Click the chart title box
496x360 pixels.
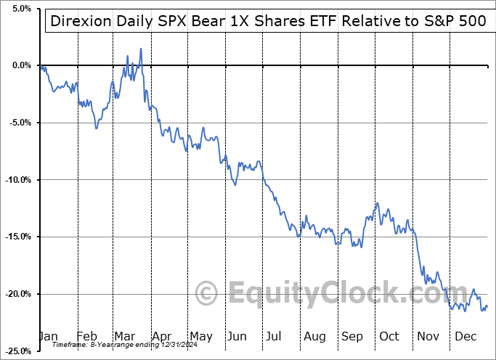pyautogui.click(x=267, y=21)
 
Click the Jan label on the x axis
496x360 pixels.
pyautogui.click(x=49, y=337)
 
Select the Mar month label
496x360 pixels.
pyautogui.click(x=124, y=337)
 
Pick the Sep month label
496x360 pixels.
pyautogui.click(x=351, y=337)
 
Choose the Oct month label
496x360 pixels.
pyautogui.click(x=390, y=337)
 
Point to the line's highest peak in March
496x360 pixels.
pyautogui.click(x=140, y=49)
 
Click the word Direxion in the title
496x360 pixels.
pyautogui.click(x=78, y=21)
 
